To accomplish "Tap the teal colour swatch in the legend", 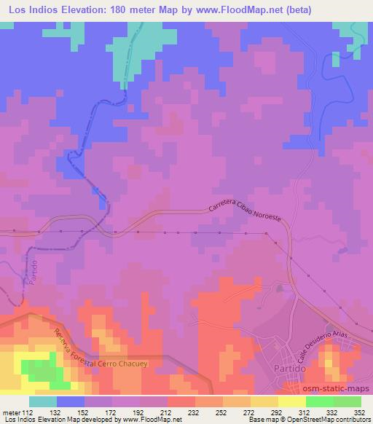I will tap(43, 401).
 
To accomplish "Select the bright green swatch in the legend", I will tap(319, 401).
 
